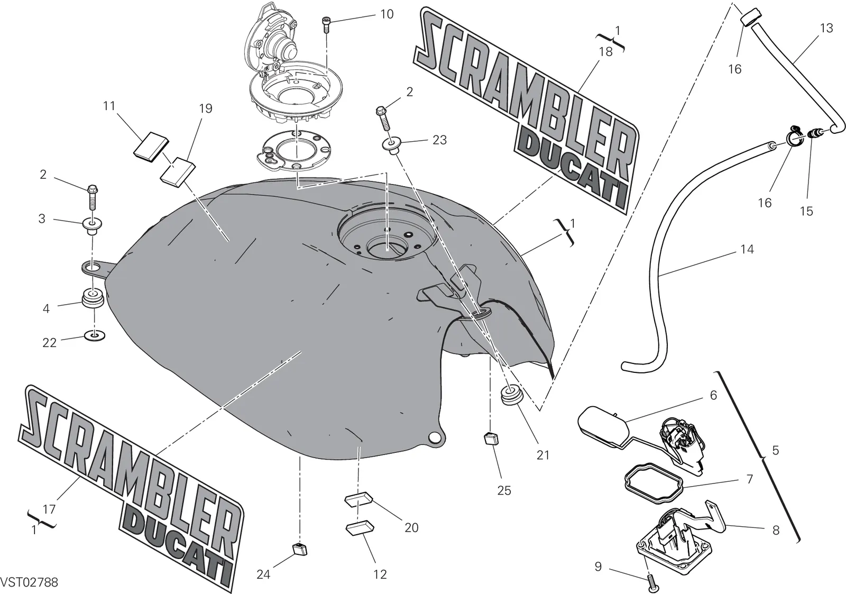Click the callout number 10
pyautogui.click(x=387, y=14)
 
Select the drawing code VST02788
pyautogui.click(x=29, y=582)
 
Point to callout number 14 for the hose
pyautogui.click(x=747, y=249)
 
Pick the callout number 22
pyautogui.click(x=49, y=342)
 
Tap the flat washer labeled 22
pyautogui.click(x=95, y=335)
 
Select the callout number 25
pyautogui.click(x=504, y=490)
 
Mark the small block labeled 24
pyautogui.click(x=300, y=550)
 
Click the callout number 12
pyautogui.click(x=380, y=574)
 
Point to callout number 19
pyautogui.click(x=206, y=109)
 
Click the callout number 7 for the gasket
pyautogui.click(x=750, y=479)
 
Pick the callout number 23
pyautogui.click(x=439, y=140)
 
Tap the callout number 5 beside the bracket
pyautogui.click(x=775, y=450)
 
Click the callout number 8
pyautogui.click(x=776, y=530)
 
